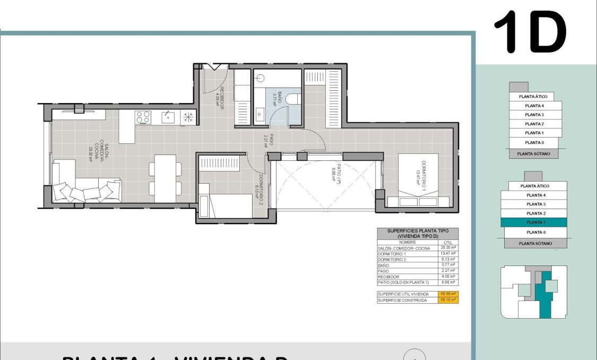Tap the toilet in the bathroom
click(x=294, y=99)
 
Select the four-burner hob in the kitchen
click(x=143, y=117)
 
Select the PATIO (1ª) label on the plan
click(x=334, y=172)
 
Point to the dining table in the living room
click(x=165, y=178)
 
